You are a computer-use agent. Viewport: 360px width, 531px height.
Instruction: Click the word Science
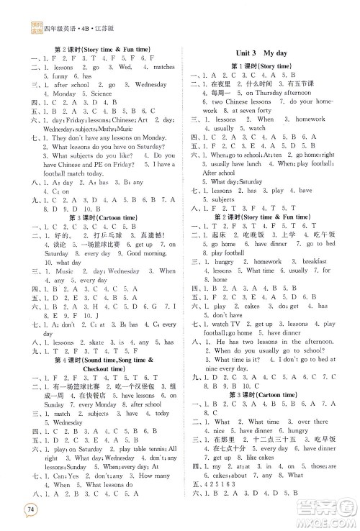click(x=102, y=94)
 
